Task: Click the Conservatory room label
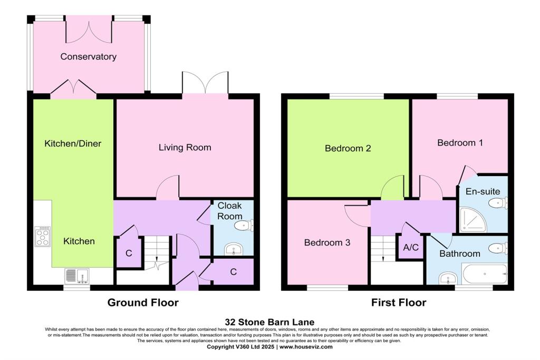click(x=88, y=56)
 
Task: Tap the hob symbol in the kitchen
click(x=42, y=237)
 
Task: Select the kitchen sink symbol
click(x=77, y=276)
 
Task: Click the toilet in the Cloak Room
click(x=244, y=226)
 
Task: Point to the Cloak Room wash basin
click(x=232, y=249)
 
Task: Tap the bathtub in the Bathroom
click(x=484, y=274)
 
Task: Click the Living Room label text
click(x=185, y=148)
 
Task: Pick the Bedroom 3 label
click(x=327, y=243)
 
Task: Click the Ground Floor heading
click(x=143, y=303)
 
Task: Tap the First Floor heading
click(x=398, y=303)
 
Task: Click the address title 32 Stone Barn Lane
click(x=269, y=322)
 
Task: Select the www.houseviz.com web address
click(x=305, y=347)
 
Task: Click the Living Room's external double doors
click(x=205, y=83)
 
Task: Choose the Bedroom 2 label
click(x=348, y=149)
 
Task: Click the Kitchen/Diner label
click(x=73, y=143)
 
